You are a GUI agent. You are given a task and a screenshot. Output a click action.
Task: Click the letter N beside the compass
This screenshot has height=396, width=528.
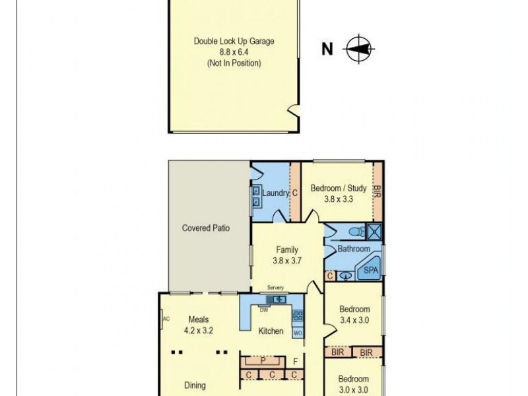tap(327, 48)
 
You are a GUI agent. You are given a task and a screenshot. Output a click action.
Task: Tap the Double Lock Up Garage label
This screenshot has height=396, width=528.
tap(234, 41)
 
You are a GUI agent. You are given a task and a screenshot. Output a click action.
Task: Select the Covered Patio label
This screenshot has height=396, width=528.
tap(206, 228)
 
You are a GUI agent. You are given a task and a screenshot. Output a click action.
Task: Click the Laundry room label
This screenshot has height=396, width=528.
tap(275, 193)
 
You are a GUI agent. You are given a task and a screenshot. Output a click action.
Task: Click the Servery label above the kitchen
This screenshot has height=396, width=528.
tap(275, 288)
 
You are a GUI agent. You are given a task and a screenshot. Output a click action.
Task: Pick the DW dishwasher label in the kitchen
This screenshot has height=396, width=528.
tap(263, 309)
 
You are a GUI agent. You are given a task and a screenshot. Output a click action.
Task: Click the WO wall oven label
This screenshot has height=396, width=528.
tap(298, 333)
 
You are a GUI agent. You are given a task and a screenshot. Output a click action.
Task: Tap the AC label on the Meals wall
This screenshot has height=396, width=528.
tap(166, 318)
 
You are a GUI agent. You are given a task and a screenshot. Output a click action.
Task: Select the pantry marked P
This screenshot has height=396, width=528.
tap(262, 361)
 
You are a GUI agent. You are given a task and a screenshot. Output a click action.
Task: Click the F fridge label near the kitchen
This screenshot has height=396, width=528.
tap(295, 360)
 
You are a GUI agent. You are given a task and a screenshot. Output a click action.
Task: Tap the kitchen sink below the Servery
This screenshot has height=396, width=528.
tap(276, 300)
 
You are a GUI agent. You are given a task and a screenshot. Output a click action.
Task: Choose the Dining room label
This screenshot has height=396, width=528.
tap(195, 385)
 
